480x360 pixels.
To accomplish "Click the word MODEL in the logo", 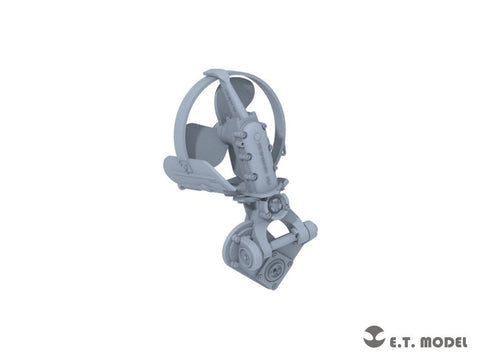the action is pos(444,342).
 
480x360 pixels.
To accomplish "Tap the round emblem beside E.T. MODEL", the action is pos(374,336).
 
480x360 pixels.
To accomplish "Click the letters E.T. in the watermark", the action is pos(401,342).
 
